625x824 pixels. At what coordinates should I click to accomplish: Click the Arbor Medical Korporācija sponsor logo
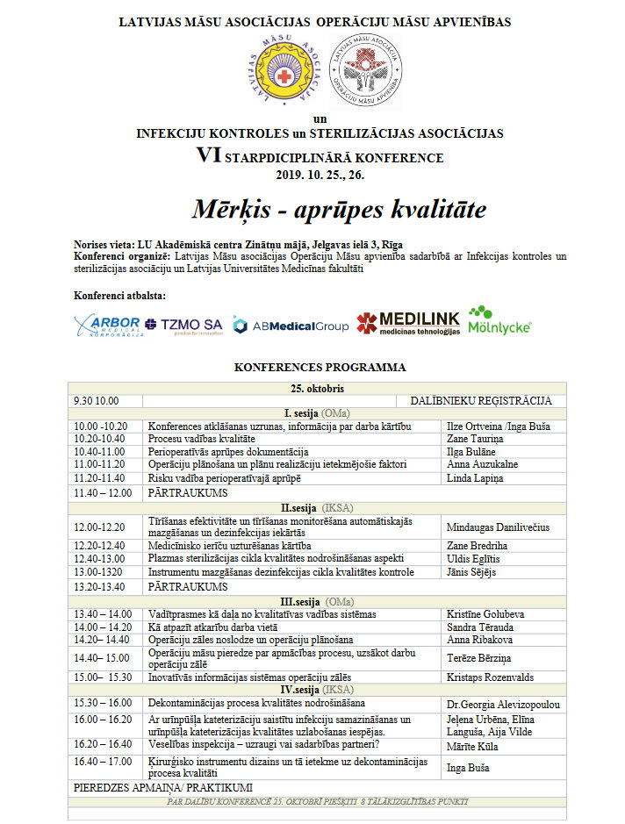coord(106,325)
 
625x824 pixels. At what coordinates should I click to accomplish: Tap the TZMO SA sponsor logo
coord(185,326)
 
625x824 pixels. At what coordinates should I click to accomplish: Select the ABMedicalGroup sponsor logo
coord(291,326)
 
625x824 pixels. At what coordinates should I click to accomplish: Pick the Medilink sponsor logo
coord(406,324)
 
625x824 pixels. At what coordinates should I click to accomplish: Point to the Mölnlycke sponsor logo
coord(499,321)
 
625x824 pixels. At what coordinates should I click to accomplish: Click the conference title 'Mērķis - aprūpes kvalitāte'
coord(338,210)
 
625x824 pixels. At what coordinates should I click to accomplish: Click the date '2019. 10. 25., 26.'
coord(320,175)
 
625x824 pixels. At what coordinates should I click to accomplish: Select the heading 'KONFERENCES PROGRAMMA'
coord(320,368)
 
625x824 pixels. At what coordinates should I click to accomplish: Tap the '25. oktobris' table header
coord(319,388)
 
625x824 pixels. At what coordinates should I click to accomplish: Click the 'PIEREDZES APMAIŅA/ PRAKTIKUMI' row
coord(163,788)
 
